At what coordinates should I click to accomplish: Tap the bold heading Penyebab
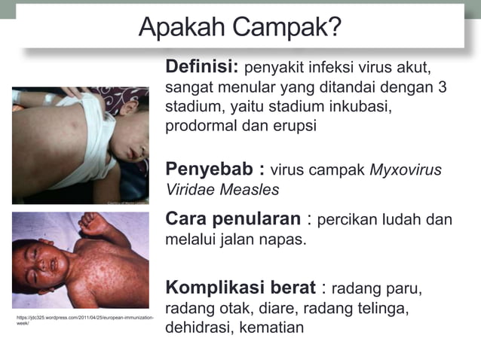tap(212, 169)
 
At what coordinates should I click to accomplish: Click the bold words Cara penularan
tap(234, 219)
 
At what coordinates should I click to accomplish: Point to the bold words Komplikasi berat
tap(239, 288)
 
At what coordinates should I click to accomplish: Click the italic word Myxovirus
tap(406, 169)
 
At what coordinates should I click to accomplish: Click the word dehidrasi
tap(198, 328)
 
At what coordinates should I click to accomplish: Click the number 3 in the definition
tap(442, 87)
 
